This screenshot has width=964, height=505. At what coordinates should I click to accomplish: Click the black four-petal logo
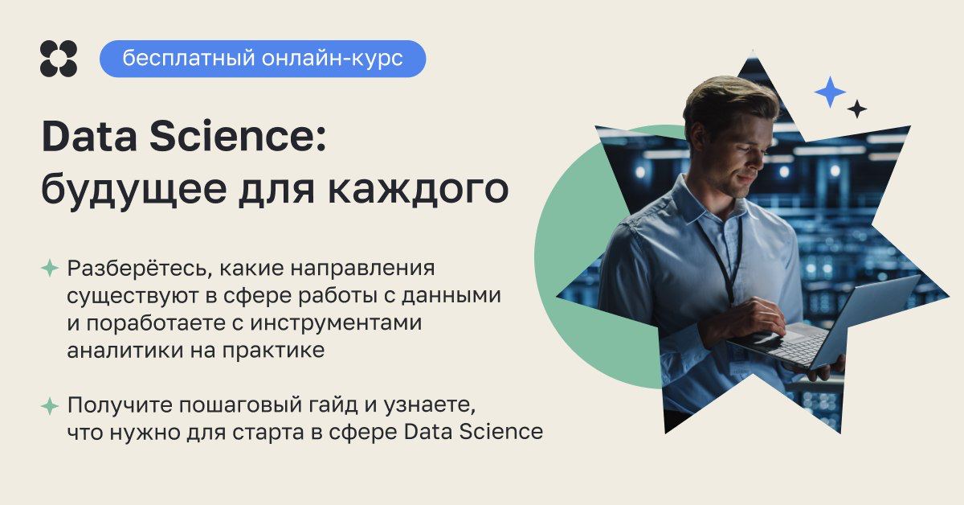pos(59,59)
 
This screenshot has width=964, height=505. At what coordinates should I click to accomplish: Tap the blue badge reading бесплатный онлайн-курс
pos(263,59)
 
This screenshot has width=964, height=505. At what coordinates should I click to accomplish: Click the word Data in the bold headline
pos(89,137)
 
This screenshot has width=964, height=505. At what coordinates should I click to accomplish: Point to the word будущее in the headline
pos(134,190)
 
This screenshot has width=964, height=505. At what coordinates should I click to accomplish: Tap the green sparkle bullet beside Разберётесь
pos(50,268)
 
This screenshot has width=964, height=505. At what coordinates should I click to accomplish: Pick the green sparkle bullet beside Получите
pos(50,406)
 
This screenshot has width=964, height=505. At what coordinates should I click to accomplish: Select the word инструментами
pos(336,322)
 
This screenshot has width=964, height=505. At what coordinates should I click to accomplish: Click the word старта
pos(268,433)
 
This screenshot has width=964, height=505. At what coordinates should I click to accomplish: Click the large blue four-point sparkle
pos(830,92)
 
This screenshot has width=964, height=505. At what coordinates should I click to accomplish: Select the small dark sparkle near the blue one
pos(857,109)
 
